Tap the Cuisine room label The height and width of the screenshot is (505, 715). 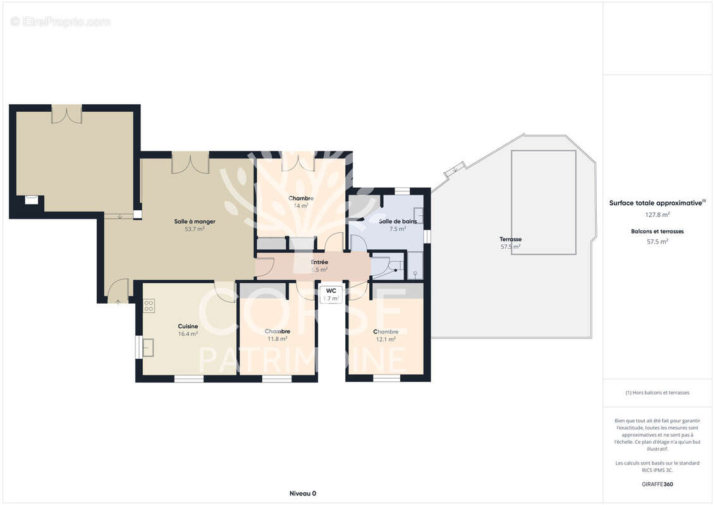click(188, 326)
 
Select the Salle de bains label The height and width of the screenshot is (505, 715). click(398, 221)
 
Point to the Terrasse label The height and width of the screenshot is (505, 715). click(510, 239)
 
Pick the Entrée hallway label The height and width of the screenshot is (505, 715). click(319, 262)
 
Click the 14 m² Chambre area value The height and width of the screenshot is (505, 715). click(301, 206)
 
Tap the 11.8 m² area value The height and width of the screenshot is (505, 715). click(278, 339)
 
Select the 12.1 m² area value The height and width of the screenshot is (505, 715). click(386, 339)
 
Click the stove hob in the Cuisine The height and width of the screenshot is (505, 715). click(149, 306)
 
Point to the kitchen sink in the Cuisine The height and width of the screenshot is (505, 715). click(149, 348)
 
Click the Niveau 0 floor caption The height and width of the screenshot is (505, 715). click(303, 494)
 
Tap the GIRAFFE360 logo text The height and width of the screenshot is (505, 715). click(657, 485)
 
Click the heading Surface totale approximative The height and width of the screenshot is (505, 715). click(656, 203)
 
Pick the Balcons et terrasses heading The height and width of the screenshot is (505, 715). click(657, 232)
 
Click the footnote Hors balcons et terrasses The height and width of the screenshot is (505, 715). click(657, 393)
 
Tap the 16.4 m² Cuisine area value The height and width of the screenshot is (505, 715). click(188, 334)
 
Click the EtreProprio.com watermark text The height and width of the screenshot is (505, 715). click(61, 22)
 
